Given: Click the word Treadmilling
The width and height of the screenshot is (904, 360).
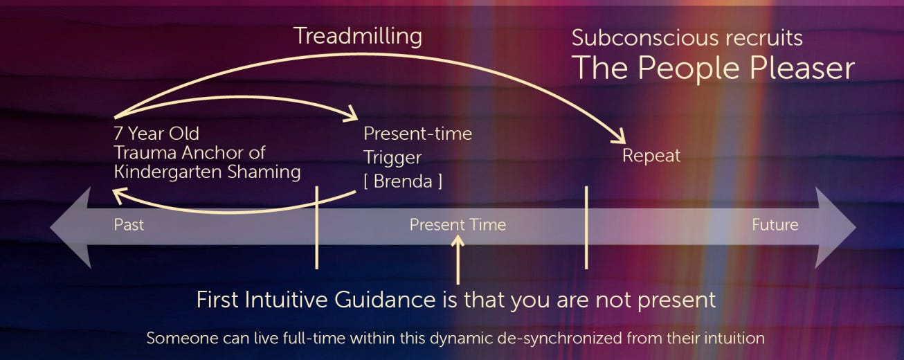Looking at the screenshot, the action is pyautogui.click(x=357, y=37).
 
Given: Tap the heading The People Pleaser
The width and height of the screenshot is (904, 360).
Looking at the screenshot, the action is pyautogui.click(x=713, y=69).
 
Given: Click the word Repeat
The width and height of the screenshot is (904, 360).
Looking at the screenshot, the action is pyautogui.click(x=651, y=156).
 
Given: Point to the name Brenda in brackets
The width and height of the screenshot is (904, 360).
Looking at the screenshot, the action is pyautogui.click(x=403, y=181).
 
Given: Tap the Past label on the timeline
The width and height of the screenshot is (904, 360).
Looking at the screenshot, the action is pyautogui.click(x=129, y=225).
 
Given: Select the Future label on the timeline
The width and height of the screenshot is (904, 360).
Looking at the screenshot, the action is pyautogui.click(x=775, y=225).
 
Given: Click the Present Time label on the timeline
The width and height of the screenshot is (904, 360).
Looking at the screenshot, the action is pyautogui.click(x=458, y=225).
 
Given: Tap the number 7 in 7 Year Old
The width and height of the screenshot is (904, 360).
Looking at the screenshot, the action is pyautogui.click(x=118, y=134).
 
